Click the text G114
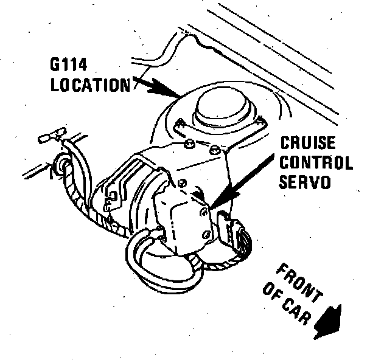(x=70, y=65)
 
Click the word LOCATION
(x=91, y=85)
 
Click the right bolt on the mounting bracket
(x=214, y=148)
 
